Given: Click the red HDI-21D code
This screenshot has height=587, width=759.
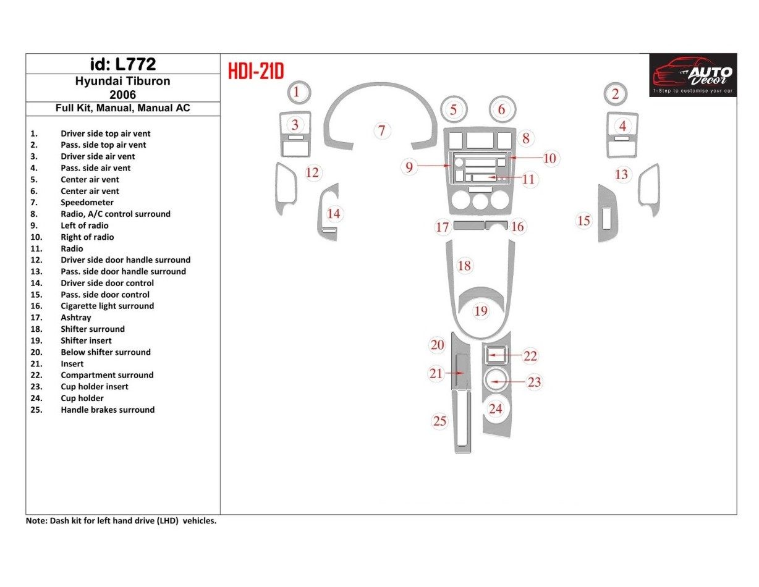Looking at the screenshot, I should click(x=256, y=72).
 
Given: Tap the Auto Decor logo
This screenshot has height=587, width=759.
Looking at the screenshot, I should click(x=693, y=74).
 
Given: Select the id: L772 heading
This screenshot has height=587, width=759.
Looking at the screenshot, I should click(x=122, y=64).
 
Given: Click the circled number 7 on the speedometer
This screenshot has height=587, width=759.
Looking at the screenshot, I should click(x=382, y=130).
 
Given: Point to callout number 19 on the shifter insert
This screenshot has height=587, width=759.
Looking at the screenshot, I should click(x=481, y=311).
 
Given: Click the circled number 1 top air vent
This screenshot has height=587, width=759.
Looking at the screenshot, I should click(x=297, y=93).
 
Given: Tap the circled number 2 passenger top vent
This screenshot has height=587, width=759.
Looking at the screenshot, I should click(x=615, y=94).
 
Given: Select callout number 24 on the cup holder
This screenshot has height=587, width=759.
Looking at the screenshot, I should click(x=496, y=408).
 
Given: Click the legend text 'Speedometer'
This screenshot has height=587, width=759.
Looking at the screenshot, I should click(x=87, y=203).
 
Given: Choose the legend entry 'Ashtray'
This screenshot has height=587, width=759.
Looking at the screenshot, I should click(x=76, y=318).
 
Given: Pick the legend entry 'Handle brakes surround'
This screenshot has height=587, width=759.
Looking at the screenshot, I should click(x=108, y=410).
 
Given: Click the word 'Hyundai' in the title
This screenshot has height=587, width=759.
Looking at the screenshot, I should click(x=98, y=81).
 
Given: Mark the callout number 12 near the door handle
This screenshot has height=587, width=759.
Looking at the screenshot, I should click(x=313, y=172).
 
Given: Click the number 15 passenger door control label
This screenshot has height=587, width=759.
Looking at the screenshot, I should click(x=583, y=221).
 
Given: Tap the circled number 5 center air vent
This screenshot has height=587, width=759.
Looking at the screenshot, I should click(x=454, y=110).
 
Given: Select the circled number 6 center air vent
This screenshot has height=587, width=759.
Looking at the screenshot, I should click(x=501, y=110).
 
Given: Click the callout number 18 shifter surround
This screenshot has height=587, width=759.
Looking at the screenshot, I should click(x=464, y=266).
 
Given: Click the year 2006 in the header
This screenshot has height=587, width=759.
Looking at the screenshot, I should click(x=122, y=95).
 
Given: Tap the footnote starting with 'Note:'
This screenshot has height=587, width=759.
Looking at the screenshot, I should click(x=121, y=521).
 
